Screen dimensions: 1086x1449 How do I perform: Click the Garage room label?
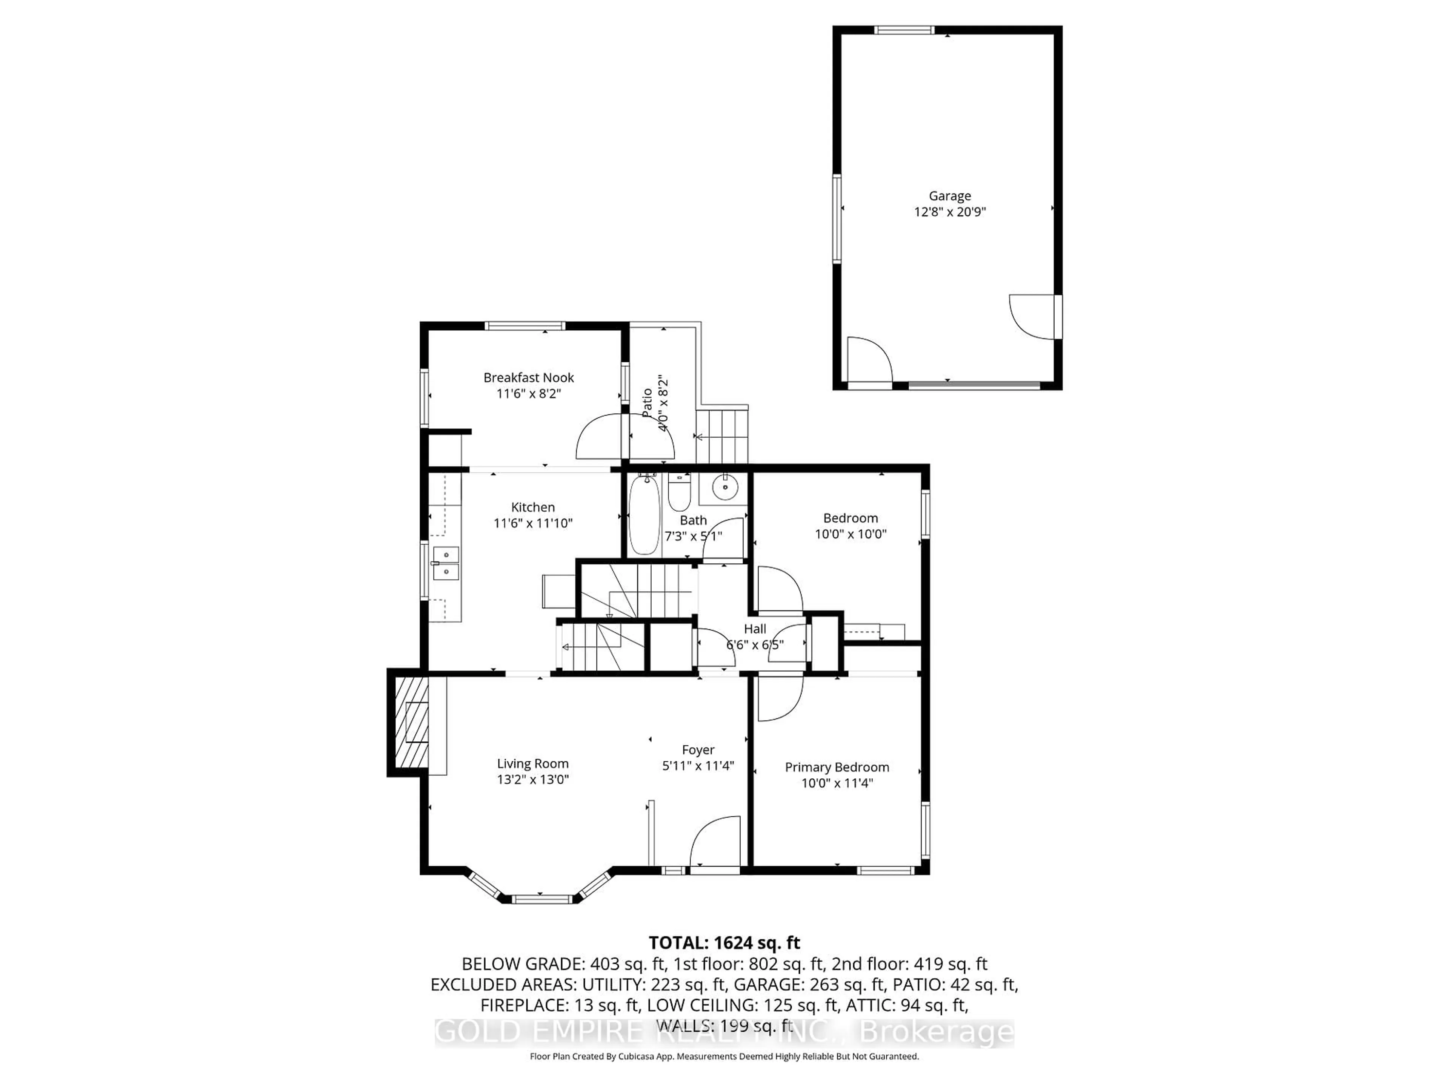click(x=949, y=196)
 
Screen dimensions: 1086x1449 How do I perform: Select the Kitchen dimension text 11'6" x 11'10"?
click(x=532, y=523)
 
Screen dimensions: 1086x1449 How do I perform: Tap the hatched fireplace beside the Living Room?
click(x=411, y=722)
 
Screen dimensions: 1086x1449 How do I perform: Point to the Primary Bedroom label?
click(x=837, y=767)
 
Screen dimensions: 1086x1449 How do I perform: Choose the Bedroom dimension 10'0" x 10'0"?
click(x=850, y=534)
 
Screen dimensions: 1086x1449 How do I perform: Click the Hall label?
click(x=755, y=629)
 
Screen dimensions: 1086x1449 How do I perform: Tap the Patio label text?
click(x=647, y=403)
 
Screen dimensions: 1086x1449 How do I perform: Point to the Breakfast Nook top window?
click(x=525, y=325)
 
